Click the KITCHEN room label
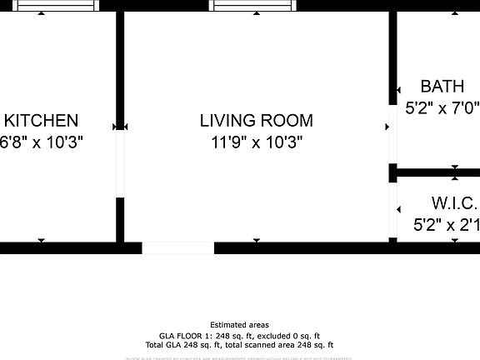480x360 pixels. pyautogui.click(x=41, y=121)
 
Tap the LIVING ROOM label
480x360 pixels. pyautogui.click(x=256, y=121)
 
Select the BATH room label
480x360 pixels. pyautogui.click(x=442, y=87)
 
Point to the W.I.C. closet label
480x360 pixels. pyautogui.click(x=454, y=204)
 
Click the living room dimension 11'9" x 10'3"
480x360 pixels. pyautogui.click(x=256, y=142)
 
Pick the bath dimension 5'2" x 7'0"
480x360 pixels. pyautogui.click(x=442, y=107)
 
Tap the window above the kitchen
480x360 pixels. pyautogui.click(x=57, y=6)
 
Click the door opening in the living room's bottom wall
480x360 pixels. pyautogui.click(x=177, y=247)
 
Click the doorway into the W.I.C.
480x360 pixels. pyautogui.click(x=392, y=209)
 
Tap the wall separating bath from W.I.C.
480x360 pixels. pyautogui.click(x=437, y=173)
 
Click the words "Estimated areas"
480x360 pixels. pyautogui.click(x=239, y=325)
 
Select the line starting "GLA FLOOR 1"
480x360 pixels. pyautogui.click(x=239, y=335)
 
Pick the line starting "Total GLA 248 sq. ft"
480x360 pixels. pyautogui.click(x=239, y=344)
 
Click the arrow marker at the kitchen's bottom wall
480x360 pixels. pyautogui.click(x=41, y=242)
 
